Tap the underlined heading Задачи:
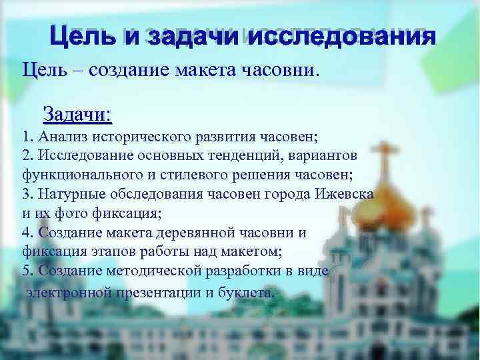click(x=77, y=114)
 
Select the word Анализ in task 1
click(x=58, y=138)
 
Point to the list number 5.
click(x=26, y=272)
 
